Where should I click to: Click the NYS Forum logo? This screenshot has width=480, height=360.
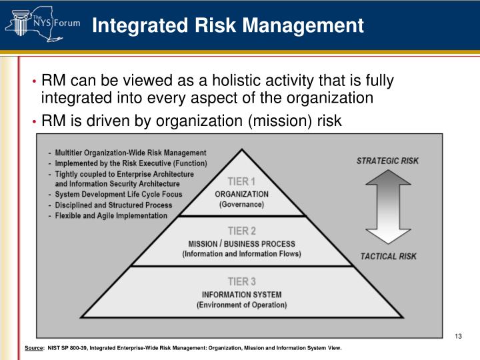point(41,25)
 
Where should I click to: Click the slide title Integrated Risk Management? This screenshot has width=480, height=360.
point(227,26)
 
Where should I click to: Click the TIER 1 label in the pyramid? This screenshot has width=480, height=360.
point(241,181)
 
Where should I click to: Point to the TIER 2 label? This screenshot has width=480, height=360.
point(241,231)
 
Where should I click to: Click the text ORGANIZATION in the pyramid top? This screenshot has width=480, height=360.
point(241,194)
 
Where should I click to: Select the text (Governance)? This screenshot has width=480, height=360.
point(241,205)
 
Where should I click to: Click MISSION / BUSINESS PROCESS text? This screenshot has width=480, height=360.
point(241,243)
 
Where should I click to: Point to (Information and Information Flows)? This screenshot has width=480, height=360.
point(241,254)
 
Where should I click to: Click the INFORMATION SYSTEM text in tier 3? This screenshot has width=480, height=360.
point(241,295)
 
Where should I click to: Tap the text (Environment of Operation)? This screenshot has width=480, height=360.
point(241,305)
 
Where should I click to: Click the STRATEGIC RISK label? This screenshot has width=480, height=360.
point(388,161)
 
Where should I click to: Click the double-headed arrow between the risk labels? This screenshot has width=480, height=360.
point(389,208)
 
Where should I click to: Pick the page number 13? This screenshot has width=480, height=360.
point(458,335)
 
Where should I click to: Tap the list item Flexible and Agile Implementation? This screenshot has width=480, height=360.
point(111,215)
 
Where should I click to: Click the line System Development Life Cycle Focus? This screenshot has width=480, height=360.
point(118,195)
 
